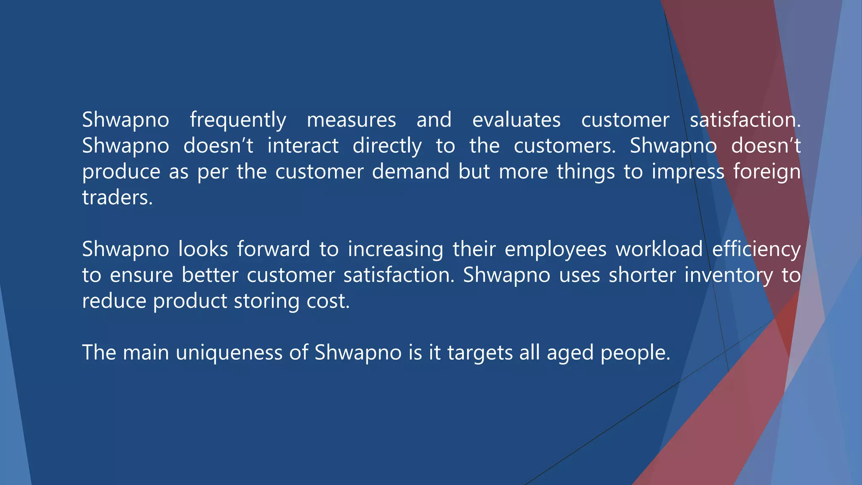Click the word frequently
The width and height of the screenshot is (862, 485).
click(238, 121)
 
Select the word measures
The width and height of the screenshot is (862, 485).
click(351, 120)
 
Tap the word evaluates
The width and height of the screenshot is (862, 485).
click(516, 120)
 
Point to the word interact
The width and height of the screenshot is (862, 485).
click(303, 146)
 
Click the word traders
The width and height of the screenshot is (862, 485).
click(117, 198)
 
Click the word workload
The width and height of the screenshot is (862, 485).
click(659, 249)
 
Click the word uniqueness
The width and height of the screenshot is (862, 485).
click(229, 353)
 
